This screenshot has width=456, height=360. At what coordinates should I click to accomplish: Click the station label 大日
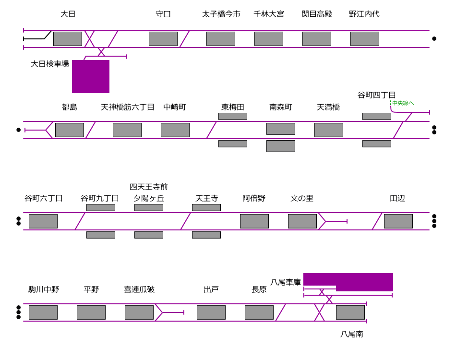pyautogui.click(x=68, y=14)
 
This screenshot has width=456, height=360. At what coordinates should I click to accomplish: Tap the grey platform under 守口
pyautogui.click(x=163, y=39)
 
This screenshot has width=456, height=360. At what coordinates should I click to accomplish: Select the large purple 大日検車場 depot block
pyautogui.click(x=91, y=76)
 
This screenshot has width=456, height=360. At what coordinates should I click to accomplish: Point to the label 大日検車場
pyautogui.click(x=50, y=64)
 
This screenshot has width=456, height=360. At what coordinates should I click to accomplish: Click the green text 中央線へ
pyautogui.click(x=403, y=103)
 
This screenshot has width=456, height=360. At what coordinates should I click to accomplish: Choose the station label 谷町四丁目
pyautogui.click(x=377, y=95)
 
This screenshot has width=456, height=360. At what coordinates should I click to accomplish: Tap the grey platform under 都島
pyautogui.click(x=70, y=130)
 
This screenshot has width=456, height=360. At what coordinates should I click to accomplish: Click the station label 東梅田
pyautogui.click(x=233, y=107)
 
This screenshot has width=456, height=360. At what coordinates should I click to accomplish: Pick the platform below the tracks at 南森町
pyautogui.click(x=281, y=146)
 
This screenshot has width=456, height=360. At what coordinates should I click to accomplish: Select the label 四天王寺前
pyautogui.click(x=149, y=187)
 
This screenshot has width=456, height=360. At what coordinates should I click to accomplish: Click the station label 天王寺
pyautogui.click(x=207, y=198)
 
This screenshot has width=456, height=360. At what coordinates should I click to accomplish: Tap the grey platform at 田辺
pyautogui.click(x=398, y=221)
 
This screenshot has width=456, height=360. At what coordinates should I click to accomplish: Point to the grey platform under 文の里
pyautogui.click(x=302, y=221)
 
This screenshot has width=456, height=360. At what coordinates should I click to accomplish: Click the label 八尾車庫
pyautogui.click(x=286, y=282)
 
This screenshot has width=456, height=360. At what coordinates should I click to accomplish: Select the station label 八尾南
pyautogui.click(x=352, y=334)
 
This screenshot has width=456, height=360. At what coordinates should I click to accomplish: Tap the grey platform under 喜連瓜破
pyautogui.click(x=139, y=312)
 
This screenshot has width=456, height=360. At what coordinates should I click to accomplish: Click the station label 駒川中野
pyautogui.click(x=44, y=289)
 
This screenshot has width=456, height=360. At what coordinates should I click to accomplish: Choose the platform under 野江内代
pyautogui.click(x=365, y=39)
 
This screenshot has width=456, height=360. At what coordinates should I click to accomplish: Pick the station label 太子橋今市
pyautogui.click(x=221, y=14)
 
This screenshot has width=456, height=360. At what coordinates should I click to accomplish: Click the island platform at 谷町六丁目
pyautogui.click(x=43, y=221)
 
